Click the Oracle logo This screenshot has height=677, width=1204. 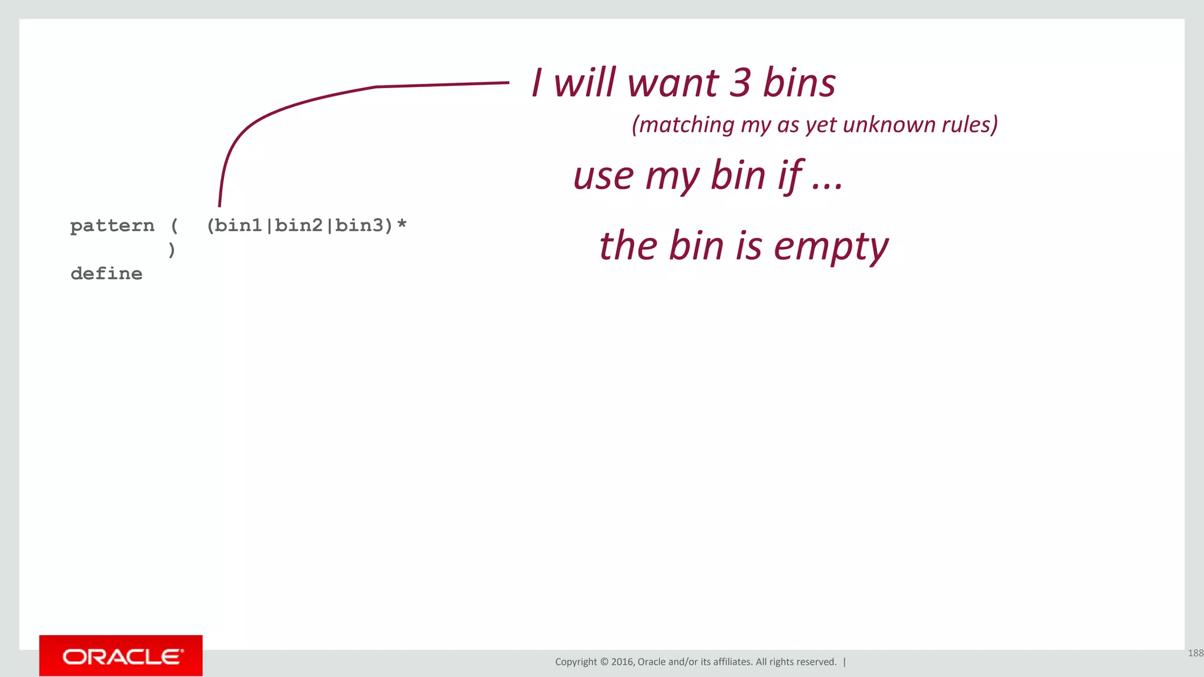click(121, 656)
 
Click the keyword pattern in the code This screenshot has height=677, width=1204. click(112, 226)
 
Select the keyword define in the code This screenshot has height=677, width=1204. click(106, 274)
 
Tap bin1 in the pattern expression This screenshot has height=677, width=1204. click(238, 226)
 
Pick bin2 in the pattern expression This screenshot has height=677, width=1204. click(299, 226)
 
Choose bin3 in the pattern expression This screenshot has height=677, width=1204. click(359, 226)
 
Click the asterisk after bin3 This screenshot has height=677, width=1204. click(402, 224)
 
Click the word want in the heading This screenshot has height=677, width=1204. click(673, 83)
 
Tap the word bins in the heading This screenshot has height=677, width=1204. click(799, 83)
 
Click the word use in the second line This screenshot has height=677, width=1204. click(604, 177)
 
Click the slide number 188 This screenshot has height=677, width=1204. click(1195, 653)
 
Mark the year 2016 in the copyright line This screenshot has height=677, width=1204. click(622, 662)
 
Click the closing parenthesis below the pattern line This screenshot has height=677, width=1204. click(172, 250)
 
